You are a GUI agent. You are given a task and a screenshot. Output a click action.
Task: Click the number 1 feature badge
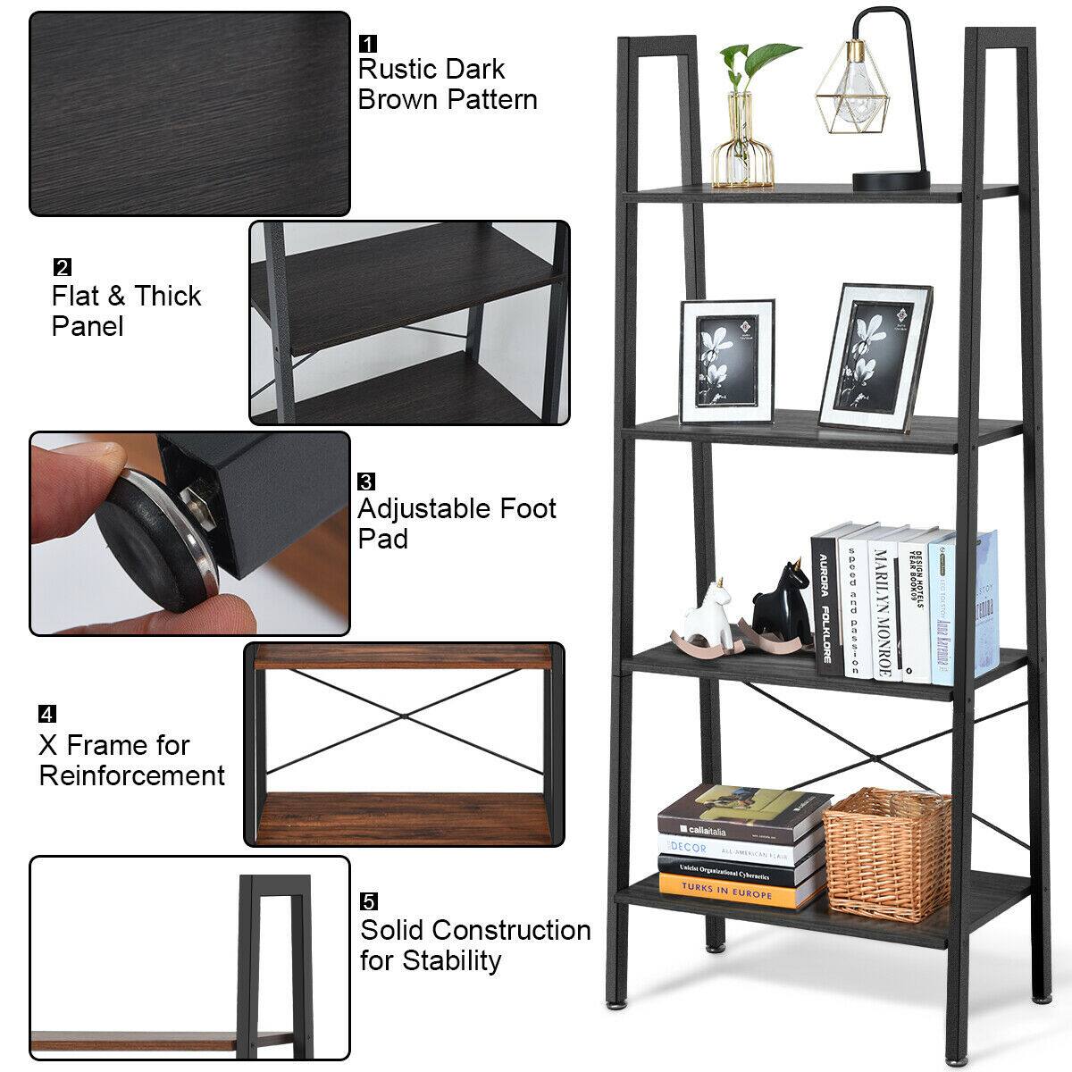pos(367,43)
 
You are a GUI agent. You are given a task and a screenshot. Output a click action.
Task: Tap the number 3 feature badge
pos(366,482)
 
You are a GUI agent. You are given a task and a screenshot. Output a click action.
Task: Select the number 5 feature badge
pos(368,902)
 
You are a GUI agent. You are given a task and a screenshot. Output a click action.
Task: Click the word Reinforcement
pos(132,775)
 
